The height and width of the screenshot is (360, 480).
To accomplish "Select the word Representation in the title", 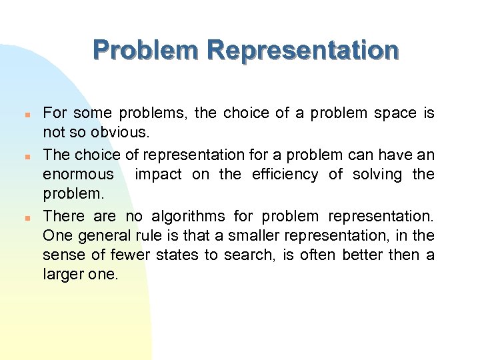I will click(x=303, y=51).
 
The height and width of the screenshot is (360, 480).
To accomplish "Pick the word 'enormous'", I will click(x=79, y=175).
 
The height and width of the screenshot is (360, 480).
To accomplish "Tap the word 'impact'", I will click(x=157, y=175).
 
